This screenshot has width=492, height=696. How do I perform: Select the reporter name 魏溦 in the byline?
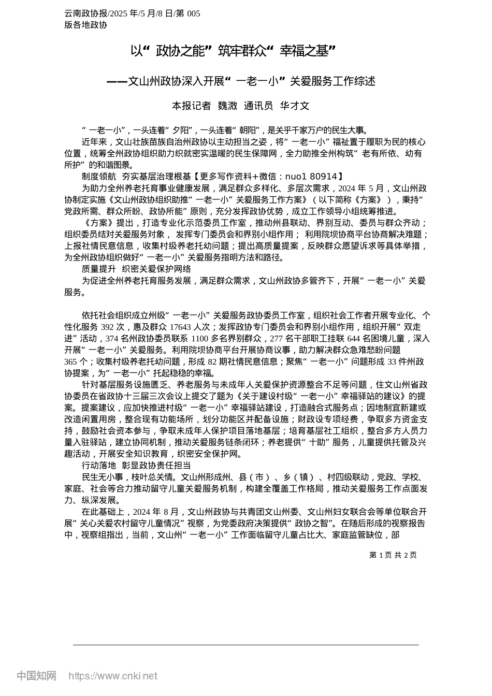point(227,106)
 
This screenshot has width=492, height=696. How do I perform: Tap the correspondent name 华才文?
point(294,106)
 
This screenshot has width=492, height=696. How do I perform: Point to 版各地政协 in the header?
point(85,25)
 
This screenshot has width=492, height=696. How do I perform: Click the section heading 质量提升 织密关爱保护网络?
point(136,269)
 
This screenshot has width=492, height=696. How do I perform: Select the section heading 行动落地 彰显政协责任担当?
point(136,466)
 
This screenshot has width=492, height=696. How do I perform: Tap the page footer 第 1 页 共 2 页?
point(393,555)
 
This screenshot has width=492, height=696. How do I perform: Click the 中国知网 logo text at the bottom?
point(36,676)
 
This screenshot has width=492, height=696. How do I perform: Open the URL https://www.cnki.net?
point(113,676)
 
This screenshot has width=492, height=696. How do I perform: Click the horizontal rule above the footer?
point(245,645)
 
